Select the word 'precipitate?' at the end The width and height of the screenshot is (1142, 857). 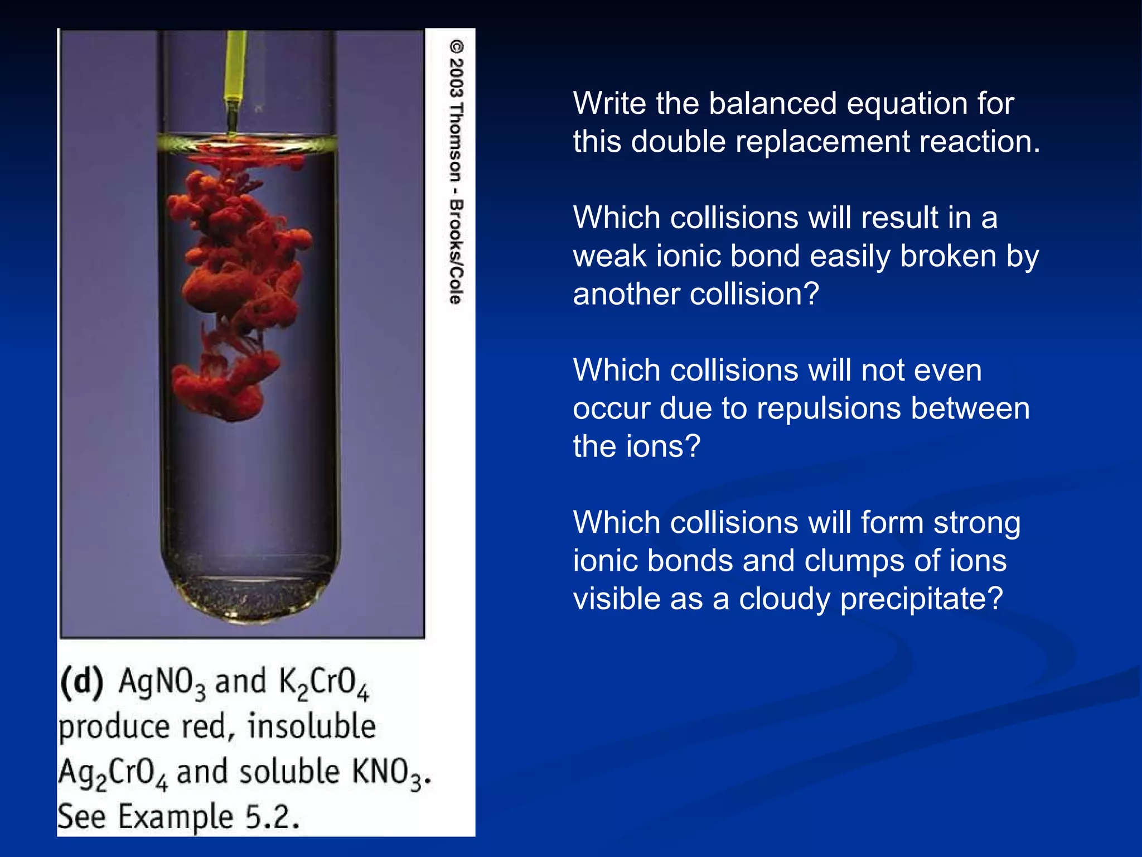click(921, 599)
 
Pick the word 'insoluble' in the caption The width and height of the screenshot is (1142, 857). click(312, 727)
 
